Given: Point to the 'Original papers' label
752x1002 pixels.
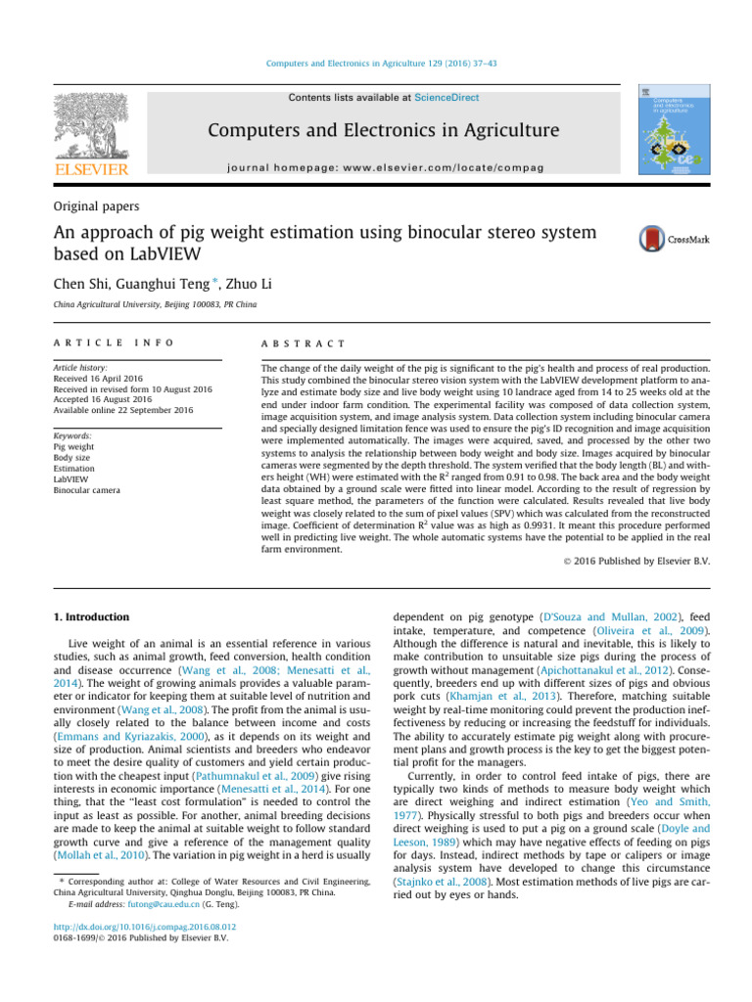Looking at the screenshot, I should pos(97,207).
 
